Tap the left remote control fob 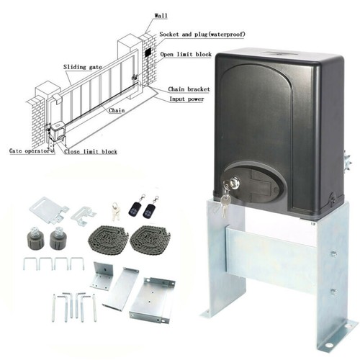[x=135, y=208]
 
